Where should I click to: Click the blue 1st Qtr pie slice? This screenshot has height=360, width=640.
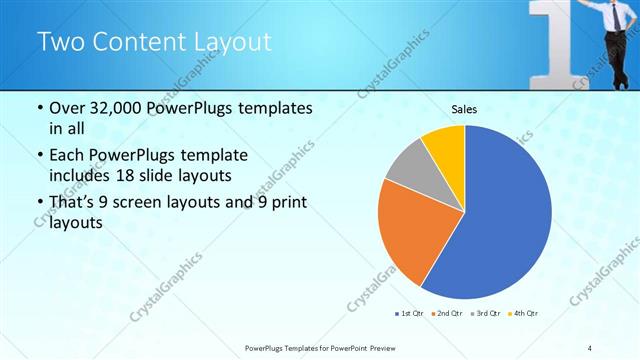(500, 220)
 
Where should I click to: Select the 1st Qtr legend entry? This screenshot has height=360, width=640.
(410, 314)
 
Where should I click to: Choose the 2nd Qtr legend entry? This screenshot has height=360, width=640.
(446, 314)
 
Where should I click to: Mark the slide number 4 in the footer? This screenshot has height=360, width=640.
(591, 347)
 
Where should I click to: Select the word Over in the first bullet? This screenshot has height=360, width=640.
(67, 109)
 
